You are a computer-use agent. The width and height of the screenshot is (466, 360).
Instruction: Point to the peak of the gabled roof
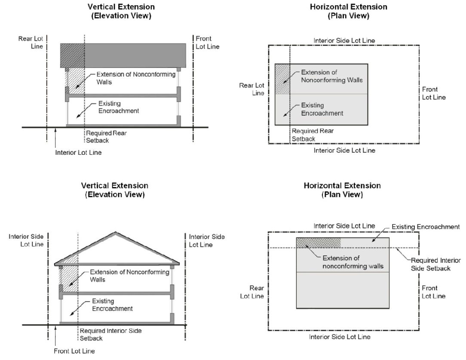coord(115,234)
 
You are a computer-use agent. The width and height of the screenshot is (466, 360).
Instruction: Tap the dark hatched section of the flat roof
coord(72,55)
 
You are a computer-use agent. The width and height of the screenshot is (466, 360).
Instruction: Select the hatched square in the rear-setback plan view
coord(282,79)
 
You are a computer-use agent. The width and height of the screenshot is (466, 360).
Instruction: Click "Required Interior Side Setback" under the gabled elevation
coord(110,334)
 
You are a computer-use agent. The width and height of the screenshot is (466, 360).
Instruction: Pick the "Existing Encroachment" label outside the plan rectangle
coord(431,227)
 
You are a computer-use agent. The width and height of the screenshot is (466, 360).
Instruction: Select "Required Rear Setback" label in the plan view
coord(313,135)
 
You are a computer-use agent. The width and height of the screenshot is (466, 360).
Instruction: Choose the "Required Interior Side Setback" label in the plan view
coord(434,265)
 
